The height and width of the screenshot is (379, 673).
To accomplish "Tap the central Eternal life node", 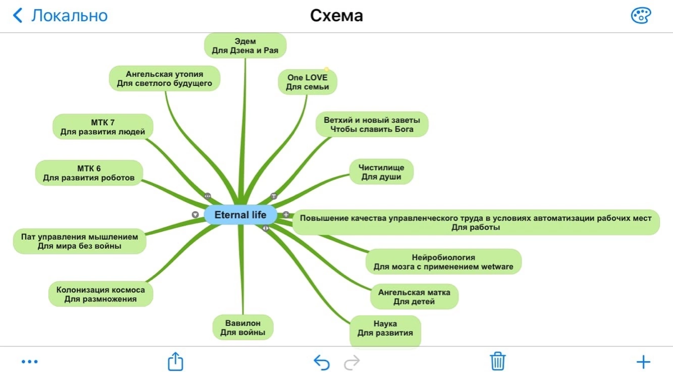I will tap(240, 215).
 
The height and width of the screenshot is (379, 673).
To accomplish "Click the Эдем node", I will tap(245, 45).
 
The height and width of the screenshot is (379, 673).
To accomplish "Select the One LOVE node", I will tap(307, 82).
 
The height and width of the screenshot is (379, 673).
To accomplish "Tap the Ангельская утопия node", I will tap(164, 79).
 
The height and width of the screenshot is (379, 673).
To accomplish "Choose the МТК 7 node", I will tap(103, 127).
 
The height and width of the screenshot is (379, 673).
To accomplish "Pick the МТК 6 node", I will tap(89, 173).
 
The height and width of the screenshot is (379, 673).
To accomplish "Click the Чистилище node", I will tap(381, 172).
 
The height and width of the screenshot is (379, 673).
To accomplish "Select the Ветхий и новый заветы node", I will tap(372, 125).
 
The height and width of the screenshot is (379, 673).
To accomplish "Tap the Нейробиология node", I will tap(443, 262).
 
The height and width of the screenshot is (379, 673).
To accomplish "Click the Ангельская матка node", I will tap(414, 296).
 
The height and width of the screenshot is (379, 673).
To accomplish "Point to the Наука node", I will tap(385, 328).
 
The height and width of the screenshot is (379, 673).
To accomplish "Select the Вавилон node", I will tap(242, 328).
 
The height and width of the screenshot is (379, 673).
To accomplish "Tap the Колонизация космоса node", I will tap(100, 294).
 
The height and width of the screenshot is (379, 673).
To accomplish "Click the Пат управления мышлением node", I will tap(79, 241).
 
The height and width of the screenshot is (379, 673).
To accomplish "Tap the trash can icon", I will tap(497, 362).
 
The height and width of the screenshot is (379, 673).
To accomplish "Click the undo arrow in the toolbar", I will tap(322, 362).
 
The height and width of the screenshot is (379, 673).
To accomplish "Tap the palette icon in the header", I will tap(640, 16).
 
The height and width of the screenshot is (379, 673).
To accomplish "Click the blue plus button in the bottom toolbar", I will tap(643, 362).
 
